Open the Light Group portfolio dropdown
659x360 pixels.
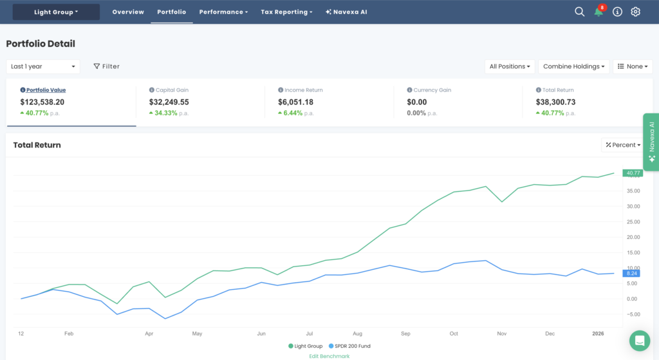coord(56,12)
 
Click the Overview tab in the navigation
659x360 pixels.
coord(128,12)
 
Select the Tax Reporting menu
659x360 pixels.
coord(286,12)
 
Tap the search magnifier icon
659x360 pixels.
coord(579,12)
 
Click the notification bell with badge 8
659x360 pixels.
coord(599,12)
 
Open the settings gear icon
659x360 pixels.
coord(636,12)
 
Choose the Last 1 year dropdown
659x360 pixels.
coord(43,66)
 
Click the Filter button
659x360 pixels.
coord(107,66)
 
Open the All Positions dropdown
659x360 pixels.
coord(510,66)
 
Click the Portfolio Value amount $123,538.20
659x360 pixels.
coord(42,102)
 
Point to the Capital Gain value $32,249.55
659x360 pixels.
coord(169,102)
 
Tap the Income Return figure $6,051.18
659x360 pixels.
coord(295,102)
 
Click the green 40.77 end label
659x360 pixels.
coord(633,173)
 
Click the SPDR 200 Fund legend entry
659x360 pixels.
coord(348,346)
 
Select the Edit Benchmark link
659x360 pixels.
coord(329,356)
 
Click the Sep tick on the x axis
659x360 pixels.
coord(405,334)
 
